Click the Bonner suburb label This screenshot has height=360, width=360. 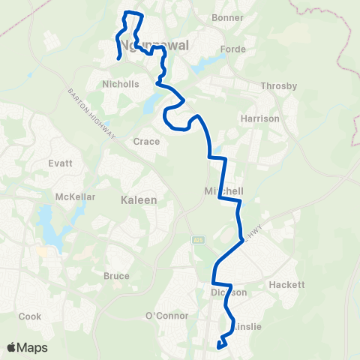[229, 17]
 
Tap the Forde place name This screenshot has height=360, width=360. [233, 49]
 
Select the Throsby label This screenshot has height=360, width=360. [274, 86]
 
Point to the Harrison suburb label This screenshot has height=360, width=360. [260, 118]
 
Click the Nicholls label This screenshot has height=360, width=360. [121, 84]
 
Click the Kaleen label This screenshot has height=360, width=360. [139, 200]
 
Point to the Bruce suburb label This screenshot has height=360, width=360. [116, 276]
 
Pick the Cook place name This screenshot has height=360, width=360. [30, 316]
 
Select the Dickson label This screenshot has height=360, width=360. [229, 292]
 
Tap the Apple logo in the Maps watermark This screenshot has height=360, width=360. [12, 347]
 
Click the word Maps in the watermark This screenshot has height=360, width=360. [33, 347]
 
